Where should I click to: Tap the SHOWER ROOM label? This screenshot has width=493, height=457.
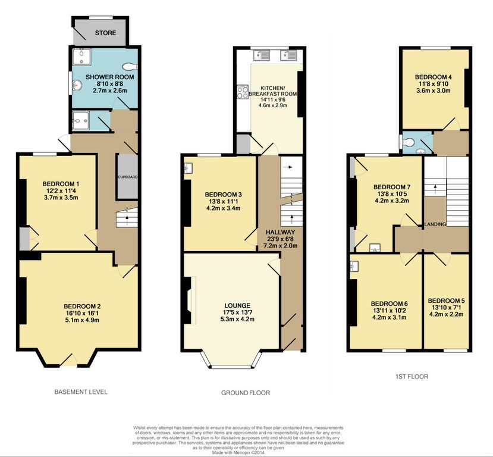(109, 77)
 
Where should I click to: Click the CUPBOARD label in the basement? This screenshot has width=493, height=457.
(127, 177)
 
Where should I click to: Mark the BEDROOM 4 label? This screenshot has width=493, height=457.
(434, 77)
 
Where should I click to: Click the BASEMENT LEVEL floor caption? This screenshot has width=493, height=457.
(80, 392)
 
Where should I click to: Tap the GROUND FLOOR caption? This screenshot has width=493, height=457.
(245, 393)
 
